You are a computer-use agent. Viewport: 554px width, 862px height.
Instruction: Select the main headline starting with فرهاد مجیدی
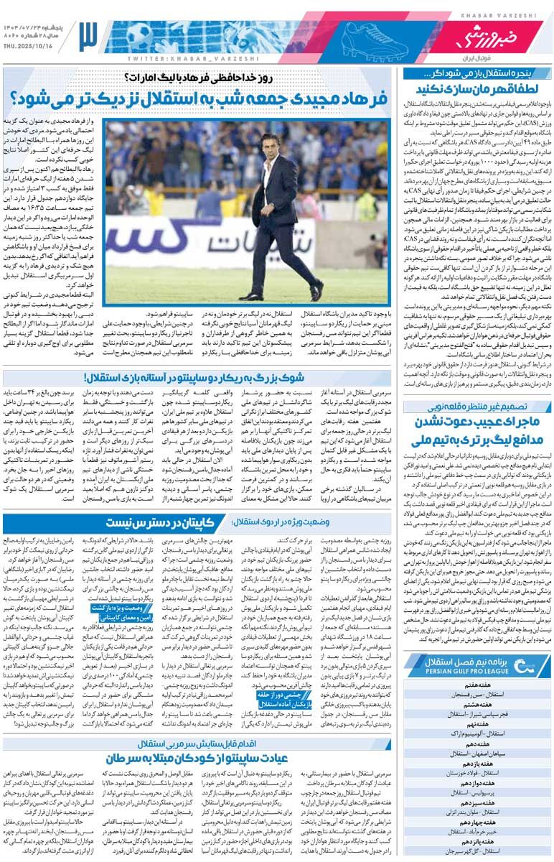[x=197, y=98]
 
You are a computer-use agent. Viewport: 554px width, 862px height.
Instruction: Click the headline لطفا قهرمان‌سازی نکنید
[x=478, y=88]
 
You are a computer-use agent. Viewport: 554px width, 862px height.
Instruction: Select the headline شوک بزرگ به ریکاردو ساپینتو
[x=194, y=376]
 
